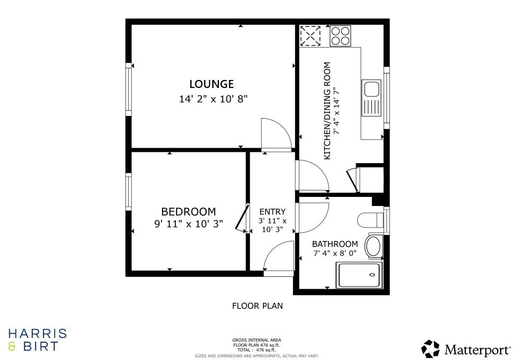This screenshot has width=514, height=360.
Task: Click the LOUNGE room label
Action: [211, 84]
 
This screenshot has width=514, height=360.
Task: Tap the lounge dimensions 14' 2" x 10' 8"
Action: [213, 99]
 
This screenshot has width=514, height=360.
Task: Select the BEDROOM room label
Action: [188, 212]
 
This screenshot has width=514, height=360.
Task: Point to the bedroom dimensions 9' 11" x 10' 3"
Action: [188, 224]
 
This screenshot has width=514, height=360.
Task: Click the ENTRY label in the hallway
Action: [273, 212]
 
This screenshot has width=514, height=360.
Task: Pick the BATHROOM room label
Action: [335, 244]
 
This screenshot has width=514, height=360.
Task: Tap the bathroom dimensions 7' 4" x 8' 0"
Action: [335, 253]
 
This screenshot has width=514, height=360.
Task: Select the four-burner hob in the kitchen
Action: [340, 36]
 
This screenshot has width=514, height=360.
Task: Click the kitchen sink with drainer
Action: [371, 98]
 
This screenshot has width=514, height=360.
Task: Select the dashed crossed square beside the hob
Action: [310, 36]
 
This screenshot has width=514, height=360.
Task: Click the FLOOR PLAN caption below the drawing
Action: [257, 306]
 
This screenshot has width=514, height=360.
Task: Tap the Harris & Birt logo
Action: [37, 340]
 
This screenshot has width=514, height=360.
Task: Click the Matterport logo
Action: [466, 349]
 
